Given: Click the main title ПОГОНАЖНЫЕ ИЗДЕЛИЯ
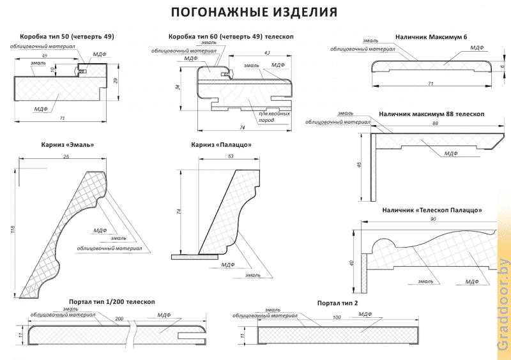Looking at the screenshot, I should pyautogui.click(x=255, y=12).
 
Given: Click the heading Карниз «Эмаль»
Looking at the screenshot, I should pyautogui.click(x=71, y=145).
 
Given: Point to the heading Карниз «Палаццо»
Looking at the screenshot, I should pyautogui.click(x=221, y=145).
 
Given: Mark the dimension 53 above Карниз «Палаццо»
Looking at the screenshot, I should pyautogui.click(x=229, y=156).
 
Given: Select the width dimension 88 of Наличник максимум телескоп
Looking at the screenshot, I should pyautogui.click(x=435, y=123).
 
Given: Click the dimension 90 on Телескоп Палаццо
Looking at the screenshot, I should pyautogui.click(x=434, y=220).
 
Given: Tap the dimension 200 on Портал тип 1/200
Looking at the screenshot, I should pyautogui.click(x=119, y=317).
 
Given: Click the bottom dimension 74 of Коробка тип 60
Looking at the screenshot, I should pyautogui.click(x=243, y=127).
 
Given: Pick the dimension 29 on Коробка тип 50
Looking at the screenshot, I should pyautogui.click(x=116, y=80).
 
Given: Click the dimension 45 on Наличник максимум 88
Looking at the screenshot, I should pyautogui.click(x=360, y=165).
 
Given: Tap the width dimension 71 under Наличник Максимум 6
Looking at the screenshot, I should pyautogui.click(x=431, y=84).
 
